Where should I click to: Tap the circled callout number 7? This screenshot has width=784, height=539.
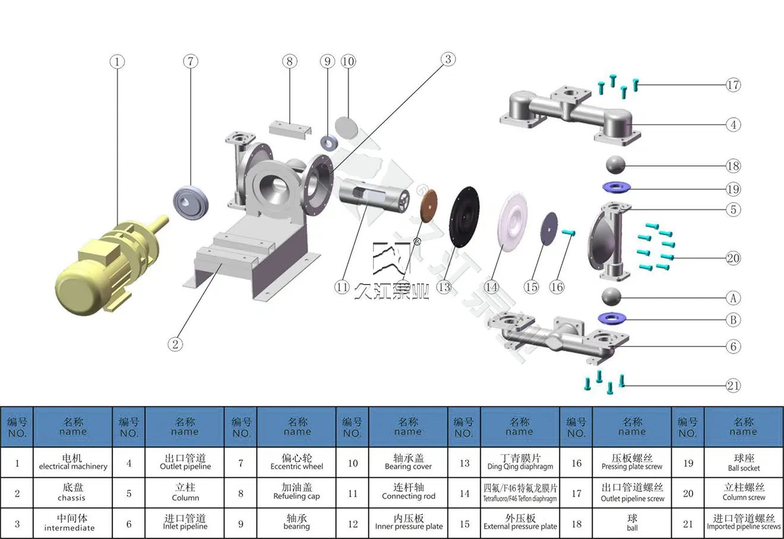pyautogui.click(x=190, y=61)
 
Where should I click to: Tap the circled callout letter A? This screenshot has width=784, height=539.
pyautogui.click(x=734, y=298)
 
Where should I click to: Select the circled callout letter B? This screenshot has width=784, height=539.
pyautogui.click(x=734, y=320)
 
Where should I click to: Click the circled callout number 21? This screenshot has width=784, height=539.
pyautogui.click(x=734, y=385)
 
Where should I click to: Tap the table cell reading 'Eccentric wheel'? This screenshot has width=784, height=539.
pyautogui.click(x=297, y=462)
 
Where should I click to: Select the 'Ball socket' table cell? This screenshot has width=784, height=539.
pyautogui.click(x=744, y=462)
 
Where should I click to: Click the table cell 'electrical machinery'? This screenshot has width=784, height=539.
pyautogui.click(x=73, y=462)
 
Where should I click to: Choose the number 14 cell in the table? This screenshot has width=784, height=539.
pyautogui.click(x=464, y=493)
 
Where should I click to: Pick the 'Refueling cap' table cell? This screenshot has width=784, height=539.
pyautogui.click(x=297, y=493)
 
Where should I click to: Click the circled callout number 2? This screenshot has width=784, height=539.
pyautogui.click(x=175, y=343)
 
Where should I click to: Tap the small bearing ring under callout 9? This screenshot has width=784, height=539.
pyautogui.click(x=329, y=143)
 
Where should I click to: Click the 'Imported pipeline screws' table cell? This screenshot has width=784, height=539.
pyautogui.click(x=744, y=524)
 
